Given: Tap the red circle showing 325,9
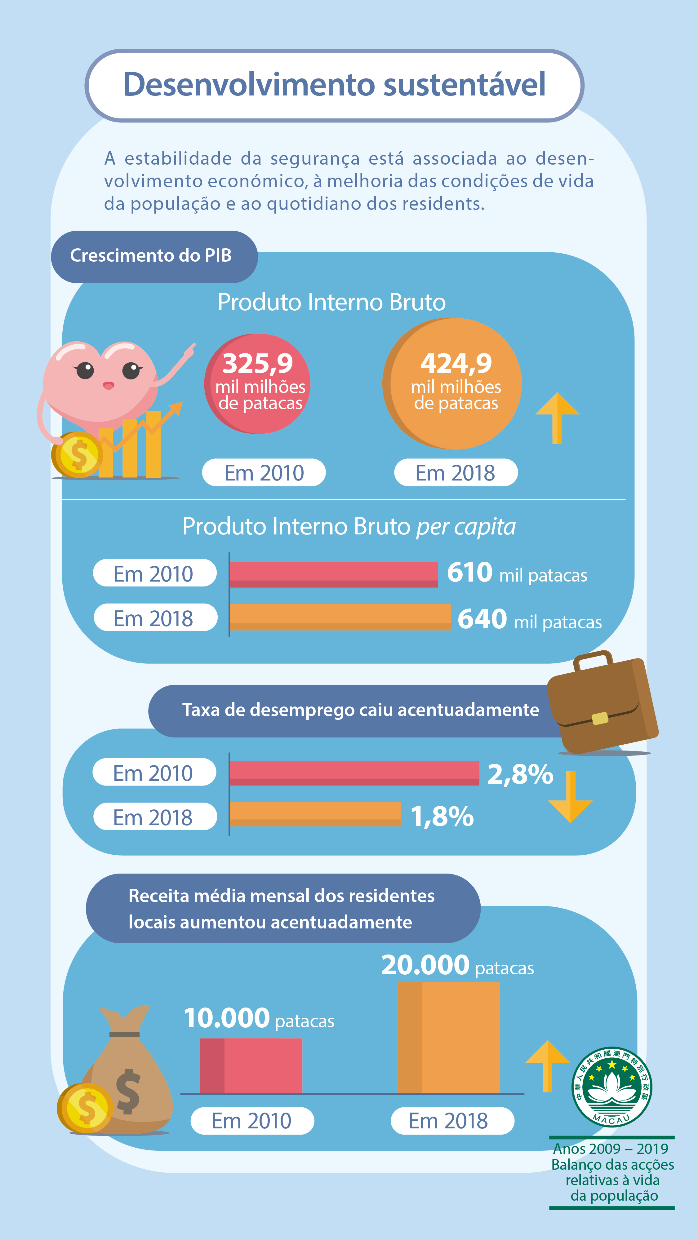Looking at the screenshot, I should [258, 384].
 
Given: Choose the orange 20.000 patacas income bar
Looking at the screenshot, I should [449, 1037].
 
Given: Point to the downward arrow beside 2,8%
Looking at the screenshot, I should [571, 797].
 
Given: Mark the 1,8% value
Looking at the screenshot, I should [442, 817].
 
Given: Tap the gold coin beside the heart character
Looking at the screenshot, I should [77, 454].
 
